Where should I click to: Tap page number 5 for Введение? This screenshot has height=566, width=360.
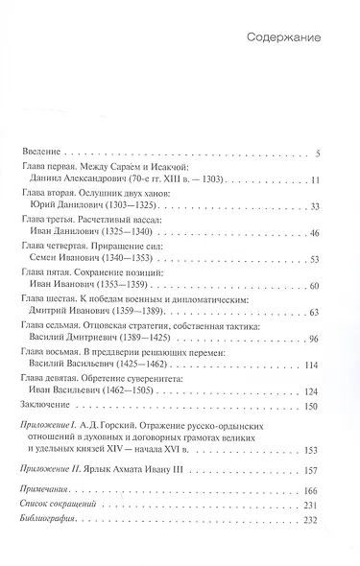click(318, 153)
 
